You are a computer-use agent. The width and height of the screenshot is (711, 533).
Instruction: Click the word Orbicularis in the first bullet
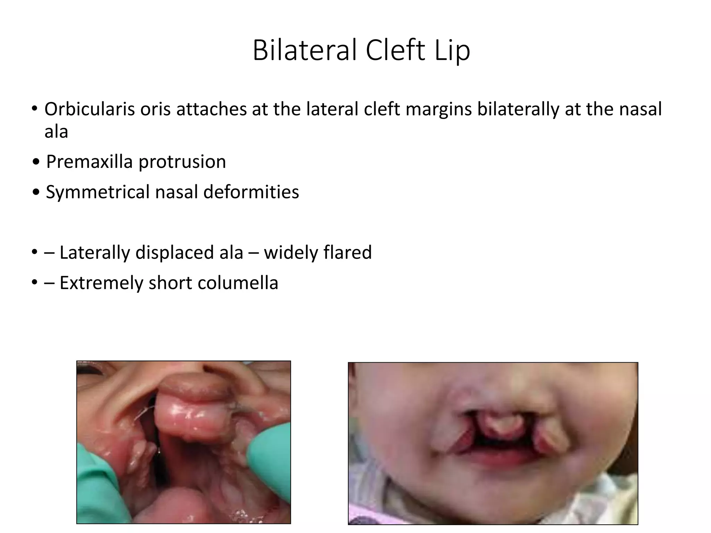tap(89, 109)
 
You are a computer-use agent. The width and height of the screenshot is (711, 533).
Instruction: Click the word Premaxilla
tap(89, 162)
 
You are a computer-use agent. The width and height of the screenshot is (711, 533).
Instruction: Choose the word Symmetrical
tap(98, 192)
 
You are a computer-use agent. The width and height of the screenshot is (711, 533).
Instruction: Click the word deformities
tap(251, 192)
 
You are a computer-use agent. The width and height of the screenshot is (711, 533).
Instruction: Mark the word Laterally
tap(94, 253)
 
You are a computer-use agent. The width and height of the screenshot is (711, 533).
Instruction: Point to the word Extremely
tap(101, 283)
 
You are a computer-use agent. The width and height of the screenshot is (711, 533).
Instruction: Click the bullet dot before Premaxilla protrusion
tap(36, 162)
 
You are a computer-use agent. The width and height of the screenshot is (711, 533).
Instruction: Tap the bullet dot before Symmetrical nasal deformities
tap(36, 192)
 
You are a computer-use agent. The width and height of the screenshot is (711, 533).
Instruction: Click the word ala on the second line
tap(56, 132)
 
